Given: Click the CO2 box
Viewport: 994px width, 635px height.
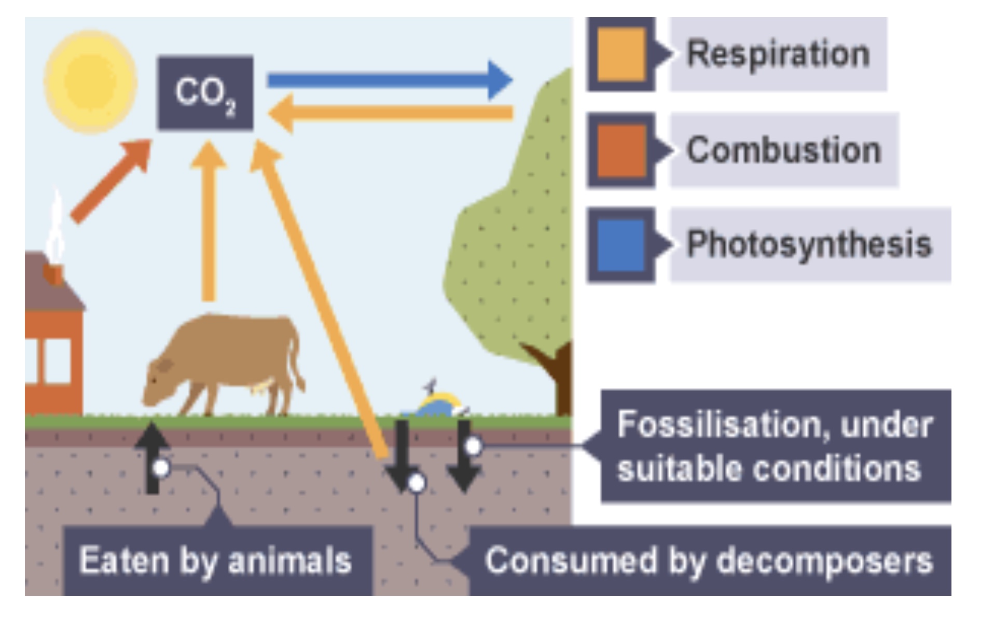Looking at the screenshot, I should tap(205, 93).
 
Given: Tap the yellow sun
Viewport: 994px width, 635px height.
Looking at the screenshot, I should tap(91, 81).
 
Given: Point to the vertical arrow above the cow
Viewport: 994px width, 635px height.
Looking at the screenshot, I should tap(209, 223).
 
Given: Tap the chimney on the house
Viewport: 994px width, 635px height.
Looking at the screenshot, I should tap(53, 274).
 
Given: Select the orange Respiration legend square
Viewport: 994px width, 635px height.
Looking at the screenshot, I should tap(621, 54).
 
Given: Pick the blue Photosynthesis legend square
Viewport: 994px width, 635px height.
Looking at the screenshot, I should tap(621, 245).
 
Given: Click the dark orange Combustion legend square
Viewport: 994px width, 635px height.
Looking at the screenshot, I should tap(621, 150).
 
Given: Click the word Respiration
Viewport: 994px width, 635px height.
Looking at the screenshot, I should tap(778, 54).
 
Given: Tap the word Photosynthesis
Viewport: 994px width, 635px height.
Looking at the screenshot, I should tap(809, 244).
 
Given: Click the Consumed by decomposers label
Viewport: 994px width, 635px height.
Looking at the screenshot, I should tap(709, 561).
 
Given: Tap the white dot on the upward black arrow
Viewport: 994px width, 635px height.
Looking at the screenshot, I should tap(161, 468).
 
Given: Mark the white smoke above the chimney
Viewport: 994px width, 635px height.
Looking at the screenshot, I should tap(56, 228).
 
